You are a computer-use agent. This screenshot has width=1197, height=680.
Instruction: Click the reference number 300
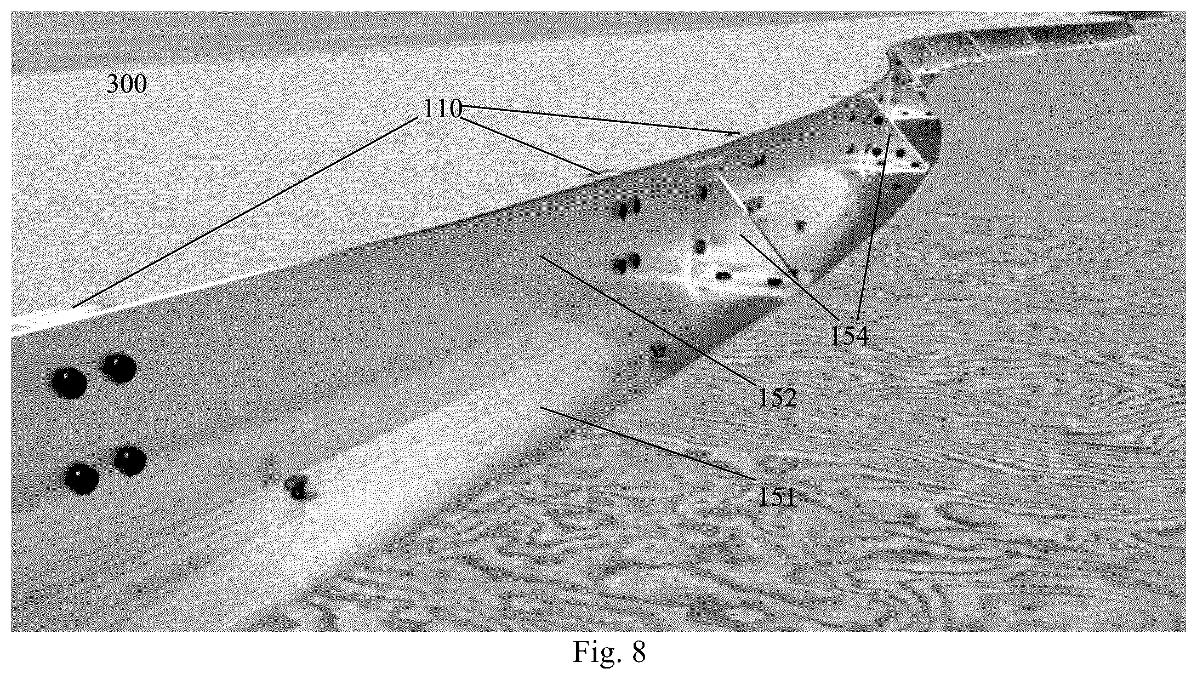click(x=127, y=84)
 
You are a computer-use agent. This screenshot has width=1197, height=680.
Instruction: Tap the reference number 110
click(x=442, y=108)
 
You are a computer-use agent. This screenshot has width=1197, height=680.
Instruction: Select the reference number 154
click(x=850, y=335)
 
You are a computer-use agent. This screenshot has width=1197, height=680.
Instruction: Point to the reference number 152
click(x=778, y=397)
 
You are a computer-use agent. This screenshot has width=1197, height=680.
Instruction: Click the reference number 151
click(x=777, y=496)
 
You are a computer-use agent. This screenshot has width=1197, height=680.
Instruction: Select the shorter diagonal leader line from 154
click(x=788, y=277)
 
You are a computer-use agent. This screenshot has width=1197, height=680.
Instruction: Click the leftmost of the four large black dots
click(x=69, y=383)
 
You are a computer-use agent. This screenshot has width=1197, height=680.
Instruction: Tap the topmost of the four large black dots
click(x=120, y=368)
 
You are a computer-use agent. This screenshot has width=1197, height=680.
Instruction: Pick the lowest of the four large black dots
click(x=82, y=478)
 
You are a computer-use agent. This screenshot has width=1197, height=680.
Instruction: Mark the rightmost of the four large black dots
click(x=129, y=461)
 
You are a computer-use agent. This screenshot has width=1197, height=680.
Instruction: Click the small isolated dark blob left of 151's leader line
click(x=297, y=488)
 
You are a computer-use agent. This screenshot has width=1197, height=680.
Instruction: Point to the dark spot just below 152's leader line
click(x=658, y=351)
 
